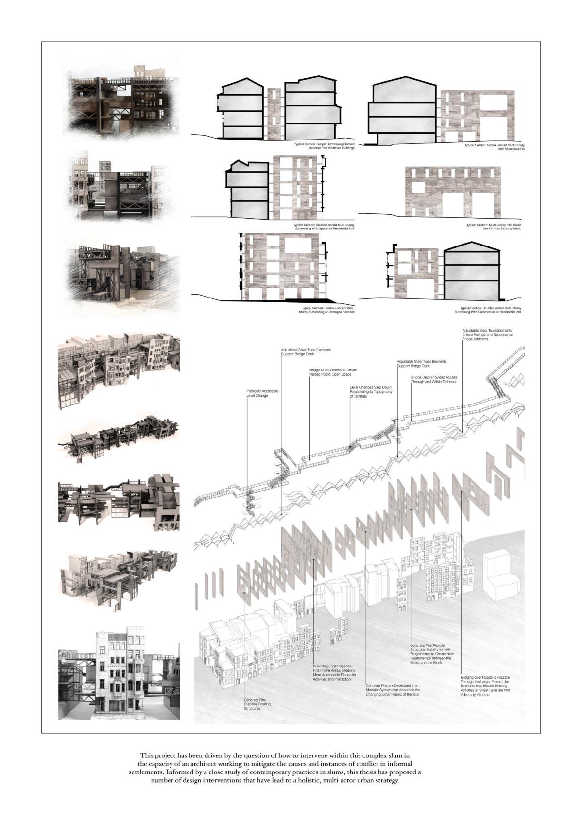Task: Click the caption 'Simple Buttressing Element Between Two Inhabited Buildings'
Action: pyautogui.click(x=324, y=146)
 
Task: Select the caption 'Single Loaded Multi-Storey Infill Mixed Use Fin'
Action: pyautogui.click(x=495, y=147)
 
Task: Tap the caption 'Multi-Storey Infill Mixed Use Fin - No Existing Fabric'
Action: pyautogui.click(x=494, y=227)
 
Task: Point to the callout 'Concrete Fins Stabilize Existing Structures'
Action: pyautogui.click(x=257, y=704)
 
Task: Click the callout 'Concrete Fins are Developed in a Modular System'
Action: pyautogui.click(x=393, y=690)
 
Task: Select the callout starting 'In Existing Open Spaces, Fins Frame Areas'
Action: pyautogui.click(x=334, y=672)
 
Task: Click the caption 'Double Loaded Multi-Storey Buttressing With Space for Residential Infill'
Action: pyautogui.click(x=324, y=227)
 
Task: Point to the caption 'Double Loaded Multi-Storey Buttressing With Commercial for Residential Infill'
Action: pyautogui.click(x=491, y=310)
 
